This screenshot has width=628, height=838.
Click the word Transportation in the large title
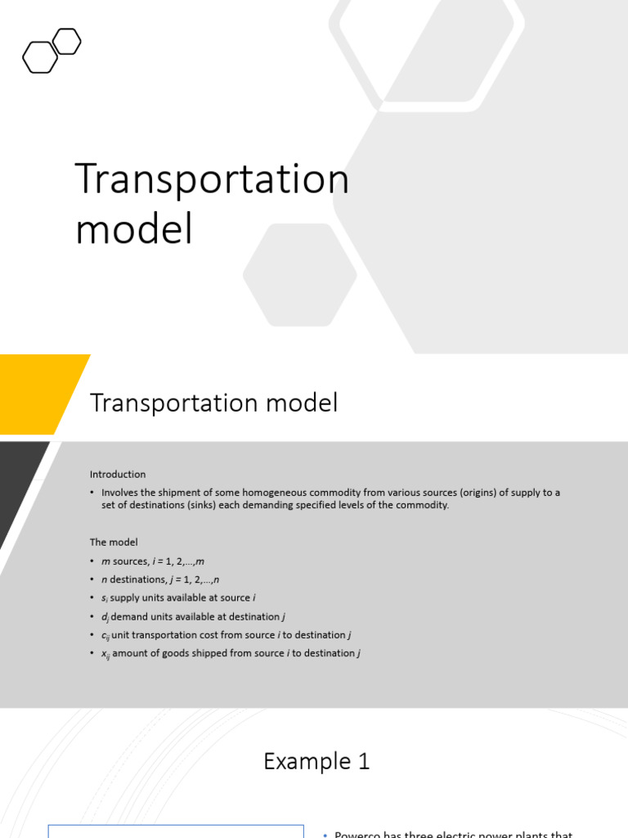click(x=212, y=179)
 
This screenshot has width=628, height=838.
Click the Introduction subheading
click(x=118, y=475)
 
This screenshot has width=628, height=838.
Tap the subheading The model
click(x=114, y=542)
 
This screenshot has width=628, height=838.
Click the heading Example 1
click(x=316, y=762)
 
